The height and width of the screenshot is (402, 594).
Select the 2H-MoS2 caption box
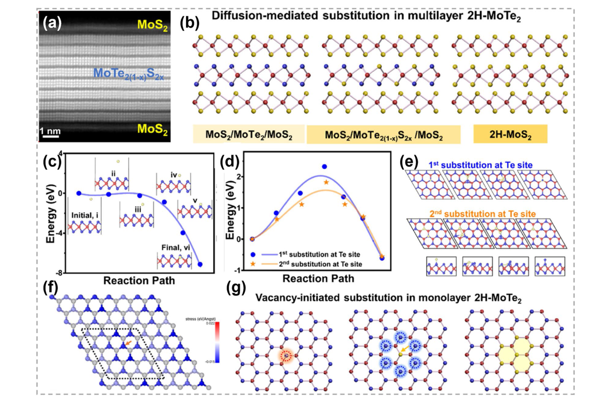[510, 134]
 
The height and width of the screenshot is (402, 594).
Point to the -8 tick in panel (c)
[61, 273]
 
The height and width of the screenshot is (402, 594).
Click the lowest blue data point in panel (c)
[200, 264]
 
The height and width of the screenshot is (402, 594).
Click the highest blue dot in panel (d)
[324, 167]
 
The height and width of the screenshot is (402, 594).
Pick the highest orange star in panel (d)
[327, 182]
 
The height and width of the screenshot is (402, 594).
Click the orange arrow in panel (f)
[127, 344]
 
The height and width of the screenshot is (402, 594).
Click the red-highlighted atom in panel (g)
[286, 357]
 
